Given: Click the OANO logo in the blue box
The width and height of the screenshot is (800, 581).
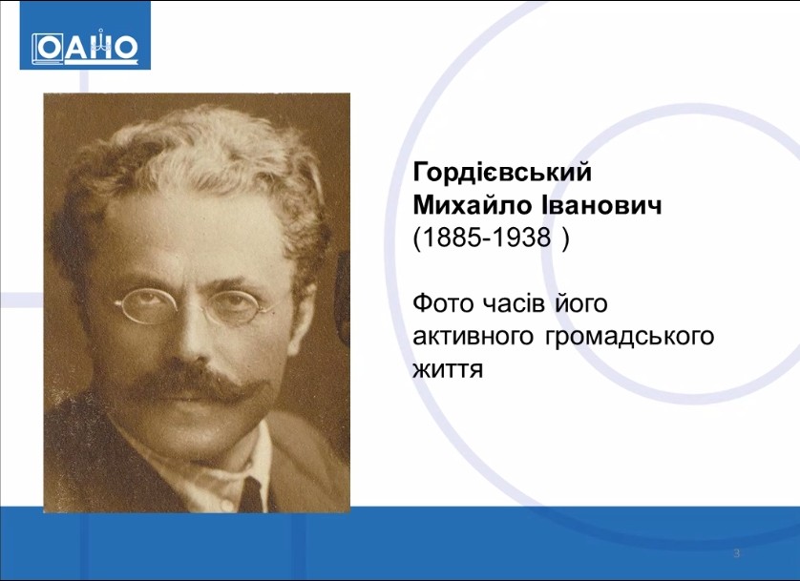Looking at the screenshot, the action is tap(85, 48).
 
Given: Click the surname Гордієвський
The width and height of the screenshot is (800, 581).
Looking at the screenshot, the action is tap(502, 173).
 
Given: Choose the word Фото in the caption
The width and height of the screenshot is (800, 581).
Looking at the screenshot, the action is tap(443, 303).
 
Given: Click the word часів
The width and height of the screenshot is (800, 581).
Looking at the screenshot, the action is tap(514, 303).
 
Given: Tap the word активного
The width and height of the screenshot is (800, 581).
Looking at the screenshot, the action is tap(473, 337).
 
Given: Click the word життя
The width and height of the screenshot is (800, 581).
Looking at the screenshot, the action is tap(448, 369).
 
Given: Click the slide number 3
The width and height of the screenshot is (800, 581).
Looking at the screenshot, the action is tap(736, 553).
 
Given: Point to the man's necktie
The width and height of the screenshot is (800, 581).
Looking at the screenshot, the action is tap(253, 493).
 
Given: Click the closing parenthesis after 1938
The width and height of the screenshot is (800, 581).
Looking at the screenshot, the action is tap(564, 238).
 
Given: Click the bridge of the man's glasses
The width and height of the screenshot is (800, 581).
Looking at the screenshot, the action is tap(195, 306).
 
